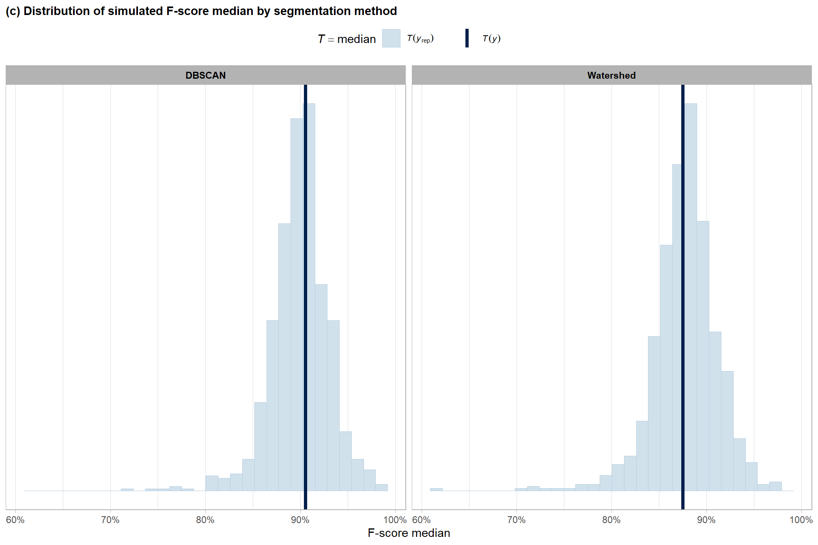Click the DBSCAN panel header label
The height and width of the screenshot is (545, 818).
point(205,75)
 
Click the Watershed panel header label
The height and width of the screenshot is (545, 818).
point(611,75)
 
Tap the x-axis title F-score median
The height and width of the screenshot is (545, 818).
point(409,533)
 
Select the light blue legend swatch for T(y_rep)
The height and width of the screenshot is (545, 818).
point(391,39)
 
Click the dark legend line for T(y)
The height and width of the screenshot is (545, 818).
point(467,39)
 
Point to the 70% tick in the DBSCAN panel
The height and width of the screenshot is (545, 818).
point(110,520)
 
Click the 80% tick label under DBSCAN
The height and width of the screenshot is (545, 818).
point(205,520)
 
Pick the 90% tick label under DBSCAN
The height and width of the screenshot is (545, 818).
point(300,520)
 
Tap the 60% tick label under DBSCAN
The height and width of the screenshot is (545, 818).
point(15,520)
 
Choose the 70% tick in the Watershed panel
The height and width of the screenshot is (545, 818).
point(516,520)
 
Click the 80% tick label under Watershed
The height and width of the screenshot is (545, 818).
point(611,520)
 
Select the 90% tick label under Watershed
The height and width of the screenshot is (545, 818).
point(706,520)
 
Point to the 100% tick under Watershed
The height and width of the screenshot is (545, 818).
point(801,520)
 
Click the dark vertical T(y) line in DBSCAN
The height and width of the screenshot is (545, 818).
point(306,284)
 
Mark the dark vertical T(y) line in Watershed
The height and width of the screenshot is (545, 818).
point(683,284)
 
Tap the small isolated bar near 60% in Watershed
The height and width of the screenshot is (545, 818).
point(436,489)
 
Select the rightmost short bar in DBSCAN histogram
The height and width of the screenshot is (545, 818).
point(381,487)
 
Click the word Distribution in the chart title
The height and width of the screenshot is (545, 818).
point(56,11)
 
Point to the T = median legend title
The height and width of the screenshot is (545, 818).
point(347,39)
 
